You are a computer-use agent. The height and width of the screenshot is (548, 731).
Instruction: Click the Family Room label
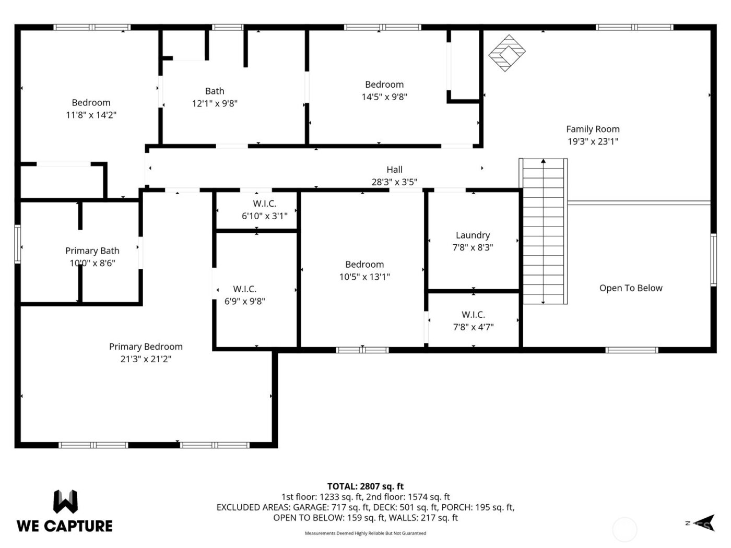click(593, 129)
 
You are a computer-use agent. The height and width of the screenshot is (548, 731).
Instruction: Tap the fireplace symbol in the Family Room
click(506, 53)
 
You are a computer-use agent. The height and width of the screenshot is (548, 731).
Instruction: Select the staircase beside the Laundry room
click(544, 231)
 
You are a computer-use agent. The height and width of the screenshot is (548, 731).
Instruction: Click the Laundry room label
click(473, 235)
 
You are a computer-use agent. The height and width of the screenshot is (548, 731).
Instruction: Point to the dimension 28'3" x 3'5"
click(394, 182)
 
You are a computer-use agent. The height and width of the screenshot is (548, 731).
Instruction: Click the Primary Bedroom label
click(146, 347)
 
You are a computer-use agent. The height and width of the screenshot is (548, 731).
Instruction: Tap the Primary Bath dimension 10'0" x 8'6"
click(92, 264)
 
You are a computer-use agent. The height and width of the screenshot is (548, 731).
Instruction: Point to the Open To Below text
click(631, 288)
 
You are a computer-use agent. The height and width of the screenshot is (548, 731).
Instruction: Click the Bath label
click(215, 91)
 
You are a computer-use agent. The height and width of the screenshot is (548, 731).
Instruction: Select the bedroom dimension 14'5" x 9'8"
click(384, 97)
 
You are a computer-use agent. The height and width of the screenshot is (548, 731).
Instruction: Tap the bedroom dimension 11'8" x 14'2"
click(91, 115)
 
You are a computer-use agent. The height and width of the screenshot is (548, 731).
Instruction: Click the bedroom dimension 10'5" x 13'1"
click(364, 277)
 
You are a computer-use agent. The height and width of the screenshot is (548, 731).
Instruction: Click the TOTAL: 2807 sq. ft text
click(365, 486)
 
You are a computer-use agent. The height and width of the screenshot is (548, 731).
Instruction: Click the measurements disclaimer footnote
click(365, 533)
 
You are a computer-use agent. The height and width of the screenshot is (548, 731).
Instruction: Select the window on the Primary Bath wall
click(18, 244)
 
